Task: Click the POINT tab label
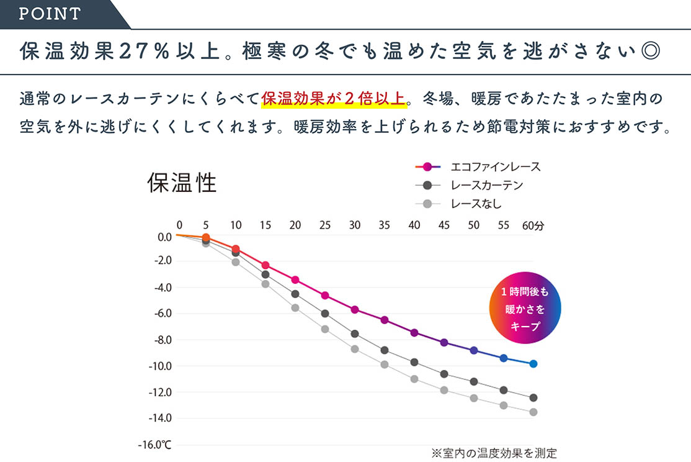(x=50, y=14)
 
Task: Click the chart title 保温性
(x=182, y=183)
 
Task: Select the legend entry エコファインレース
(x=495, y=166)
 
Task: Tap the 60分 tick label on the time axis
(x=532, y=225)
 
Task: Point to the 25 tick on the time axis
(x=324, y=225)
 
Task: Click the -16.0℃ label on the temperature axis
(x=154, y=445)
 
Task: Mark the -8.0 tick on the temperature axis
(x=160, y=340)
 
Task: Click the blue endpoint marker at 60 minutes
(x=533, y=363)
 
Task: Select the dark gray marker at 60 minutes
(x=533, y=397)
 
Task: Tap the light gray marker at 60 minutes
(x=533, y=412)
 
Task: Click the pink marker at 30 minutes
(x=355, y=309)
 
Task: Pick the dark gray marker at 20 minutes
(x=295, y=294)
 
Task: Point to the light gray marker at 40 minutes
(x=414, y=379)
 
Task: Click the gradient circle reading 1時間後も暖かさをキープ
(x=525, y=308)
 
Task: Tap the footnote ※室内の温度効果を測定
(x=494, y=453)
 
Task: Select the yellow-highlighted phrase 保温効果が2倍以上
(x=334, y=98)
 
